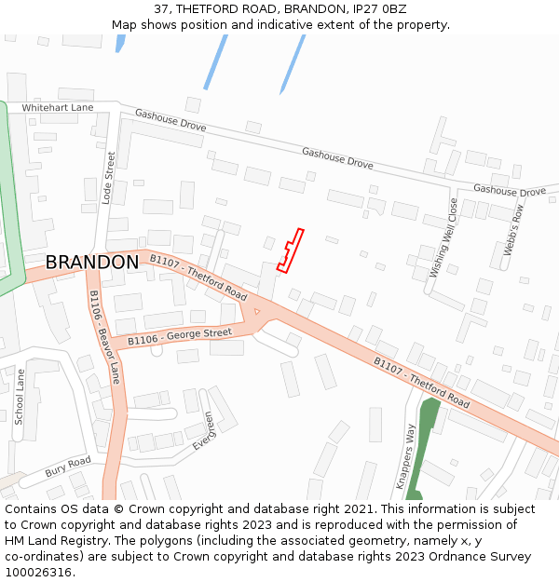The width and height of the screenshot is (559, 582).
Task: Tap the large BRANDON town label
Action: pos(92,263)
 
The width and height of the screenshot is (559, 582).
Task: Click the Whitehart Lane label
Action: pos(58,108)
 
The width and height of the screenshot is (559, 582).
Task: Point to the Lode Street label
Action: pos(108,177)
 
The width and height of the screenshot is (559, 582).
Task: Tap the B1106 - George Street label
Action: pos(179,336)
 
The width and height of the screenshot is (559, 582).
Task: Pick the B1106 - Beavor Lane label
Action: pos(104,336)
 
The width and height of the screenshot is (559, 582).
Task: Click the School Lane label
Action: pos(20,397)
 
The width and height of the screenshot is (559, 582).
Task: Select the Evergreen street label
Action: pos(204,432)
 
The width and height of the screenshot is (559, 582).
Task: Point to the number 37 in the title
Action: pos(161,8)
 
